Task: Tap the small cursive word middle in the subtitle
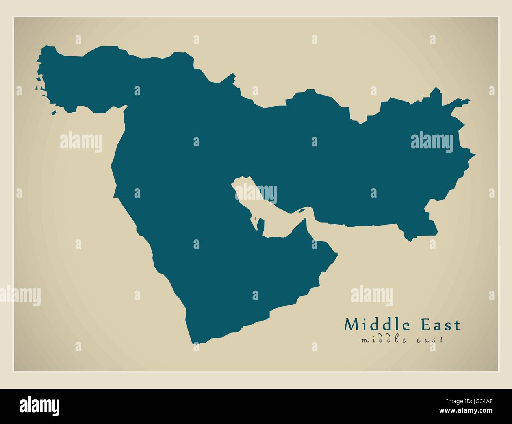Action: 379,339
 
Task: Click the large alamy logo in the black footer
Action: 40,405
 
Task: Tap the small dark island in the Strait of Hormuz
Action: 301,211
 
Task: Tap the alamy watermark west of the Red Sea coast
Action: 81,142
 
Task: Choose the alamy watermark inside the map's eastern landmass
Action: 432,142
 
